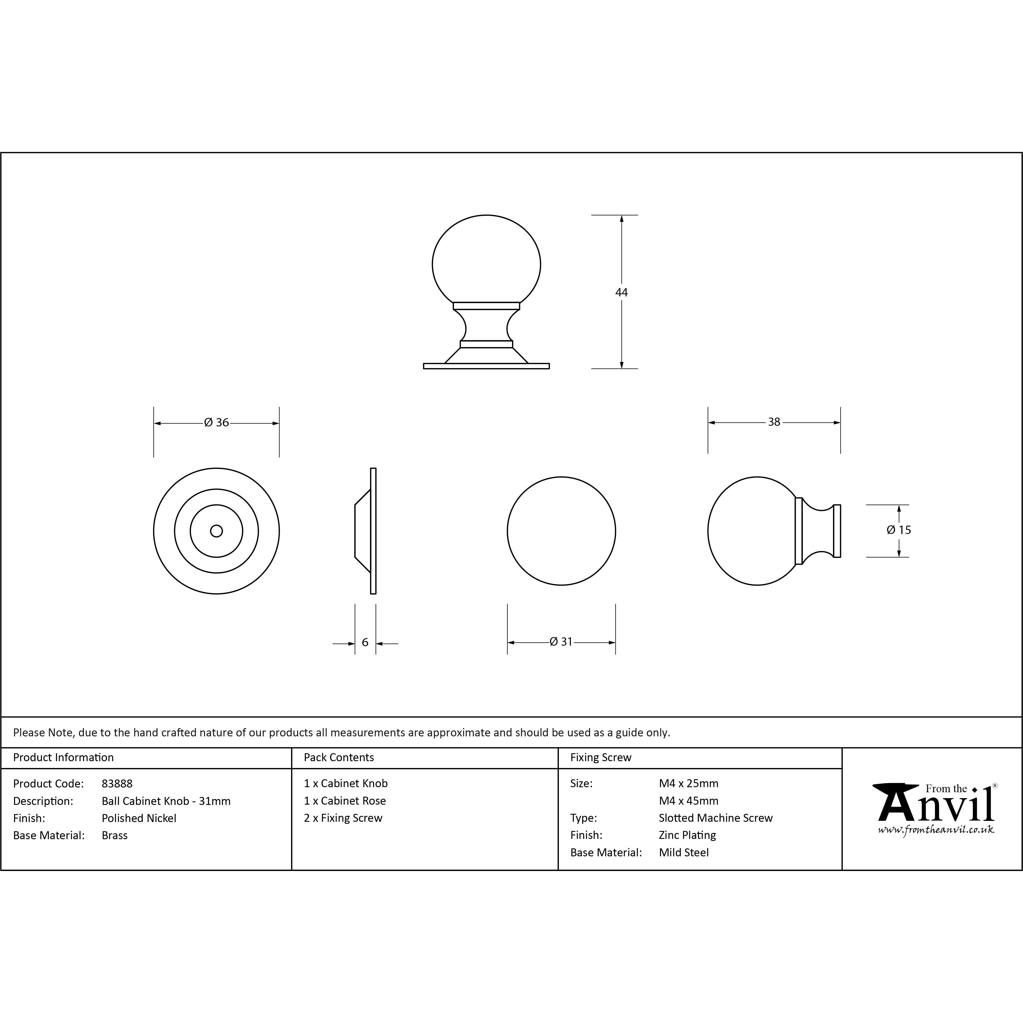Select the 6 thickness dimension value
365,642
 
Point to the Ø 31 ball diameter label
561,642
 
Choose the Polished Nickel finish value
139,818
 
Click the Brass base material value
114,836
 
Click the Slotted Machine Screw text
715,818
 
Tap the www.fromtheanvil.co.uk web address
936,830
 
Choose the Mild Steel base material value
683,852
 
